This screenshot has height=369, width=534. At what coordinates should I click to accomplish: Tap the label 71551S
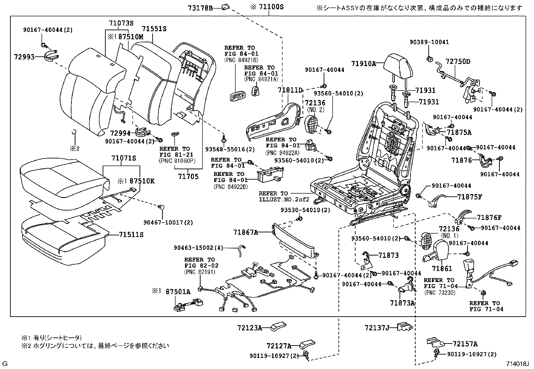point(154,30)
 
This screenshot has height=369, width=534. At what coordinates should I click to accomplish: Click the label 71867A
point(246,232)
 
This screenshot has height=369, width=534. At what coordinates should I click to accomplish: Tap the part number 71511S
point(131,235)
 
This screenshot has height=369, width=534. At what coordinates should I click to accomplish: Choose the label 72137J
point(377,327)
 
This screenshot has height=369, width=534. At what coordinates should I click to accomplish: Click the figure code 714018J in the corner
point(517,364)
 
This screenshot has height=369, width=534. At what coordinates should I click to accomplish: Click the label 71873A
point(403,303)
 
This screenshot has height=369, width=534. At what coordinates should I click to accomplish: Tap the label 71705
point(188,177)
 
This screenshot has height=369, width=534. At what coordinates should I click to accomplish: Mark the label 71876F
point(489,218)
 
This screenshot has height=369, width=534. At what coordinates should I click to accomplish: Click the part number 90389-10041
point(429,42)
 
